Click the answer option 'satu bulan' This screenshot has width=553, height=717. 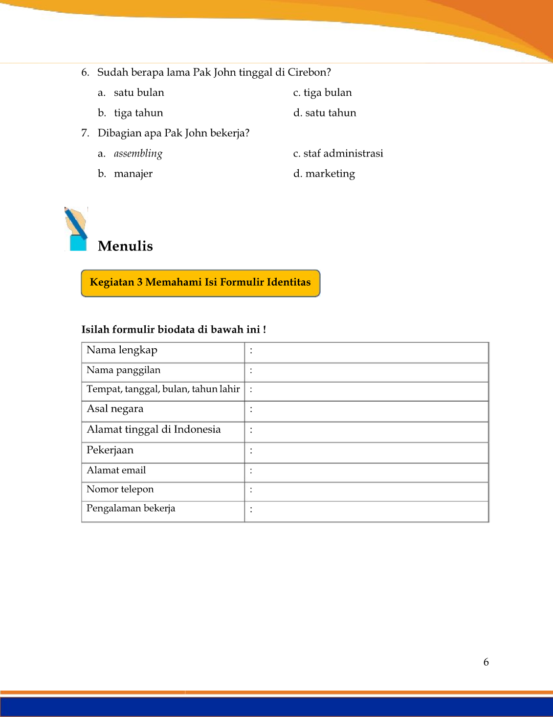pos(139,93)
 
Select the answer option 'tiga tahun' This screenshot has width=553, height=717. pos(138,113)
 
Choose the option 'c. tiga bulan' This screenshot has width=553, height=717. pos(322,93)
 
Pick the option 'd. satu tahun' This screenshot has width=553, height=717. pos(325,113)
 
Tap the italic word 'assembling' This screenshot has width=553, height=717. pos(138,154)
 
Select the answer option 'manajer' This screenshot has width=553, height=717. pos(133,174)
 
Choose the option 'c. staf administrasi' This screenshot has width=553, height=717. pos(338,154)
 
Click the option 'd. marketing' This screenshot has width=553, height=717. pos(324,174)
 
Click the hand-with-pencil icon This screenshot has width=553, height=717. pos(76,229)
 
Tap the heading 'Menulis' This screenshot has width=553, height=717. pos(125,246)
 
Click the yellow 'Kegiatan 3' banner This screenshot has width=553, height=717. pos(200,283)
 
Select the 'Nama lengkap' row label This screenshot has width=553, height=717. pos(122,350)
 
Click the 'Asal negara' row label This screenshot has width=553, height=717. pos(115,409)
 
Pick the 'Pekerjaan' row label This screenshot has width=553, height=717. pos(110,450)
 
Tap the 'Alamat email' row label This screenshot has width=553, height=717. pos(116,471)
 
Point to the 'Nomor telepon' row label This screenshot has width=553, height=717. pos(120,490)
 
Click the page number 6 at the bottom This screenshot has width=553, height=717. pos(486,662)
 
